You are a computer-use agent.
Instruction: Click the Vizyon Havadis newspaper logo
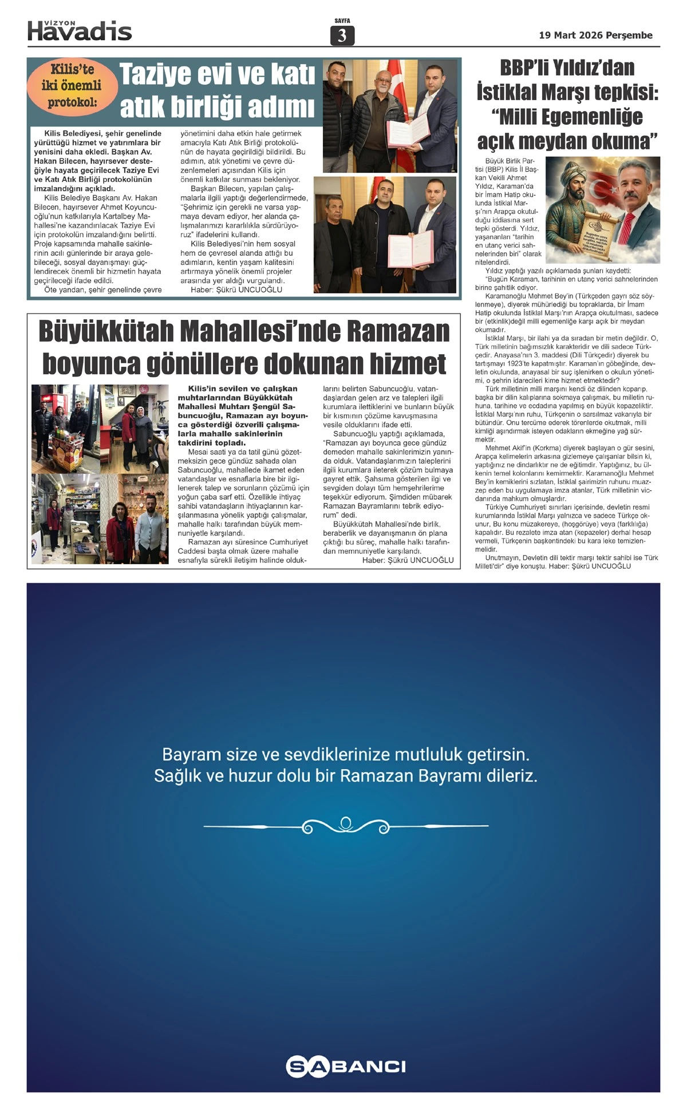point(80,31)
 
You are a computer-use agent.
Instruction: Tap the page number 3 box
point(342,36)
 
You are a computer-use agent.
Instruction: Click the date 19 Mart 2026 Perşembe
point(595,35)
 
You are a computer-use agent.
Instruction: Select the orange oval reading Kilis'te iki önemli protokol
point(72,86)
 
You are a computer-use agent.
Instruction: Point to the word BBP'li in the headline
point(532,68)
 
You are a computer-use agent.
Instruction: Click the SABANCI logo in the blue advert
point(346,1066)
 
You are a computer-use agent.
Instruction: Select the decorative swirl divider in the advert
point(346,826)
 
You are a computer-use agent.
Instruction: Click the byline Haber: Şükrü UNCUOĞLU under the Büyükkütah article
point(408,560)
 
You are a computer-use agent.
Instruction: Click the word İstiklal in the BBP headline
point(506,92)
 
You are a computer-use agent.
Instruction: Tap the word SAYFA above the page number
point(342,21)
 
